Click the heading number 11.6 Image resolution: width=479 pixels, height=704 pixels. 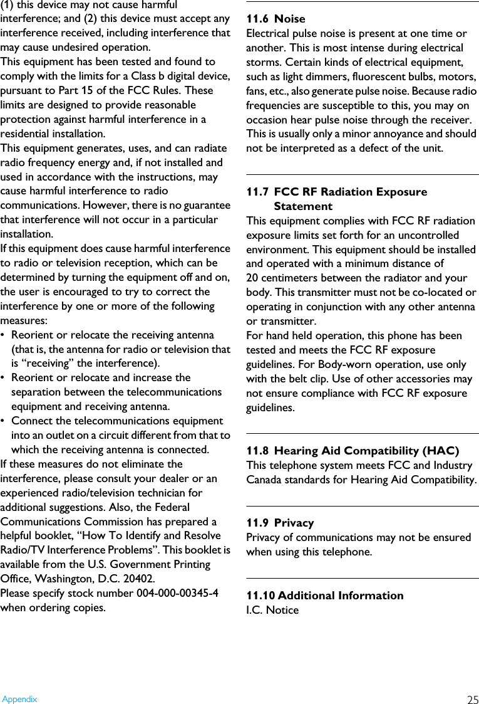point(257,19)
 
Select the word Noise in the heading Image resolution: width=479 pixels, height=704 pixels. point(290,19)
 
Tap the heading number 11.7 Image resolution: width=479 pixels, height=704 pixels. point(257,192)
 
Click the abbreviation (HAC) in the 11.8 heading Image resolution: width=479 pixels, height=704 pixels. point(441,451)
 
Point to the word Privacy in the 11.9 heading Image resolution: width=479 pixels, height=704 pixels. point(294,523)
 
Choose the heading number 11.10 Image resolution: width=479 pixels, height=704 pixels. point(260,596)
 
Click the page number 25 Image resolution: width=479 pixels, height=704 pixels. point(473,700)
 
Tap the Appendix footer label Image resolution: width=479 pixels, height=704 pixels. point(19,699)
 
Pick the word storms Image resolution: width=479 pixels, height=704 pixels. point(265,62)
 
